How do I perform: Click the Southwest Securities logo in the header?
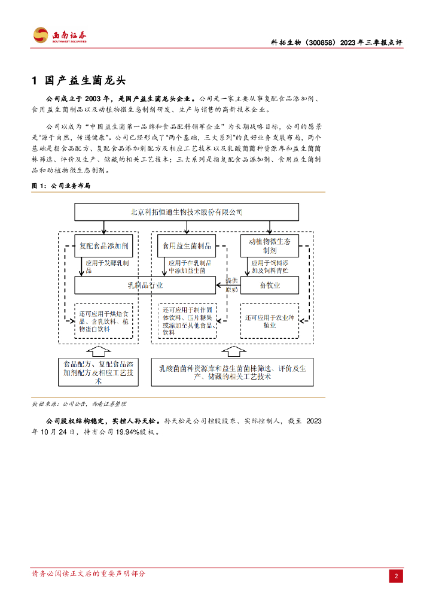point(60,35)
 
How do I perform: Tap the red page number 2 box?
point(396,576)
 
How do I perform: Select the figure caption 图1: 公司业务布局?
point(60,186)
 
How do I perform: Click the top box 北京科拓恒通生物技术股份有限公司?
point(186,212)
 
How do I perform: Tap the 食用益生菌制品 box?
point(187,245)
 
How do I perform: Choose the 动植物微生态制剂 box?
point(269,245)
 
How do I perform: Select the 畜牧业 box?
point(269,285)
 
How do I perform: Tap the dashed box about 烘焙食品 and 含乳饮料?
point(103,321)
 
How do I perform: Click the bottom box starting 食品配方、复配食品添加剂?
point(98,372)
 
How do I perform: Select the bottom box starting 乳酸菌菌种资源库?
point(232,372)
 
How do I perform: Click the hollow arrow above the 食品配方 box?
point(99,350)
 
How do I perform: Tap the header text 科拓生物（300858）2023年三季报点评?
point(337,43)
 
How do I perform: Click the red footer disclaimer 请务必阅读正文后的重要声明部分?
point(89,573)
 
